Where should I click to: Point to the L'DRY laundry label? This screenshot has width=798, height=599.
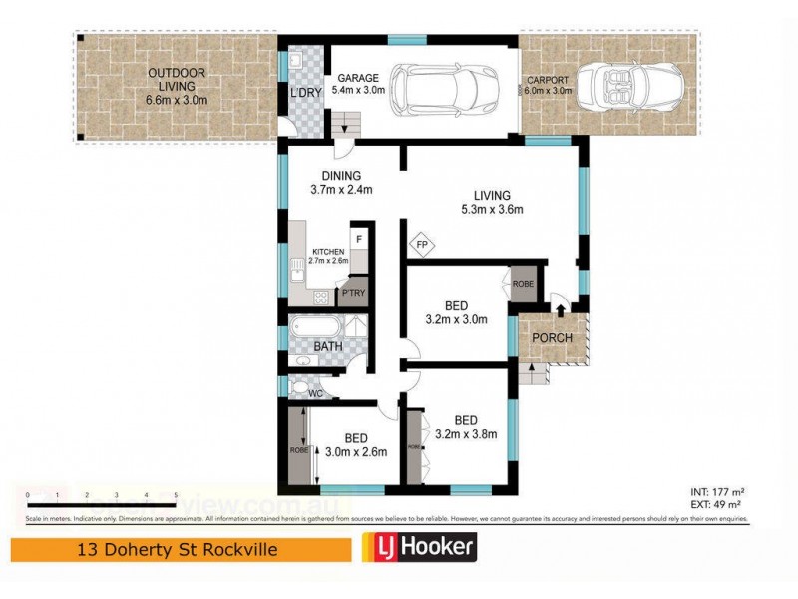(x=304, y=93)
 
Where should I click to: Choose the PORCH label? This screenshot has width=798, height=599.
(x=551, y=338)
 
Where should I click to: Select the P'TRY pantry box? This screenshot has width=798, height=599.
(x=353, y=294)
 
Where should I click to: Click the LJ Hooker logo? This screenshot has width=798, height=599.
(x=419, y=547)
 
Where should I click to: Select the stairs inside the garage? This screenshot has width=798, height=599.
(x=344, y=125)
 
